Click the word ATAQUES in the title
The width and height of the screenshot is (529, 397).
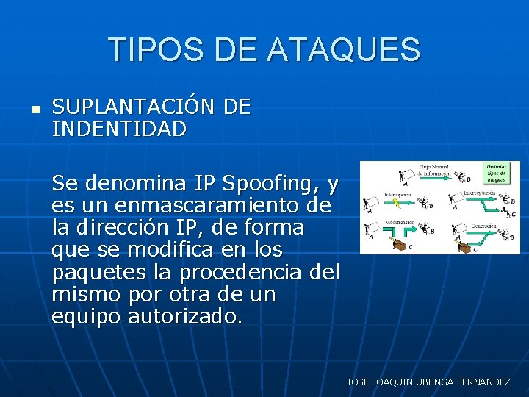click(344, 50)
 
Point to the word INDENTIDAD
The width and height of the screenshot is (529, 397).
click(119, 129)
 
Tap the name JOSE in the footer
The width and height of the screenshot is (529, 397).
click(359, 382)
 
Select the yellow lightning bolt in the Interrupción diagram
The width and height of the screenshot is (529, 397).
click(397, 204)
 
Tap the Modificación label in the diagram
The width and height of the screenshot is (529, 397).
click(399, 222)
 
